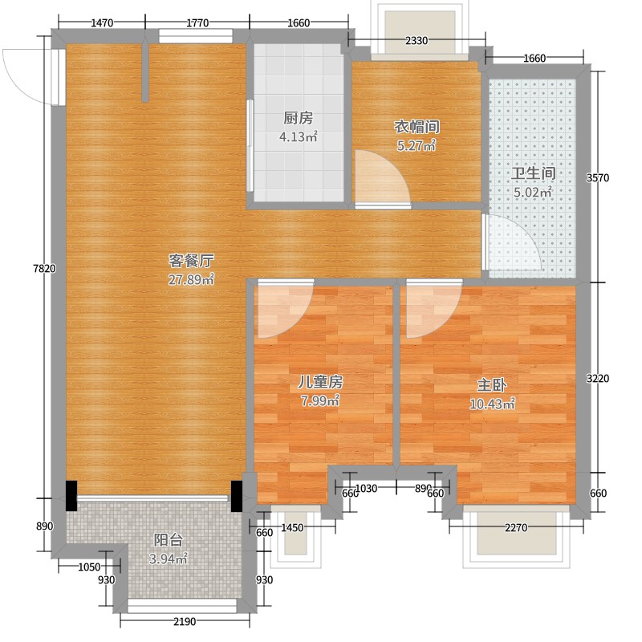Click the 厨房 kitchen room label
298,118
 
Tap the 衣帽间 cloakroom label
416,127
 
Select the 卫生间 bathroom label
533,173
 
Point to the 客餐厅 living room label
191,260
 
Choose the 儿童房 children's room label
319,382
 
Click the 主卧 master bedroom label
492,385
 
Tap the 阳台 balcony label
169,540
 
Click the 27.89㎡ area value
191,279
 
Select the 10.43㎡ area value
492,404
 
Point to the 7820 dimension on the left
44,269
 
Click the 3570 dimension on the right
598,177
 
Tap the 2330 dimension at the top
416,40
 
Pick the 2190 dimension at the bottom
185,621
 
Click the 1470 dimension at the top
102,23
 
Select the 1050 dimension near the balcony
89,567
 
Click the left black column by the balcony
71,495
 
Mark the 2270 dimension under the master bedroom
516,527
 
